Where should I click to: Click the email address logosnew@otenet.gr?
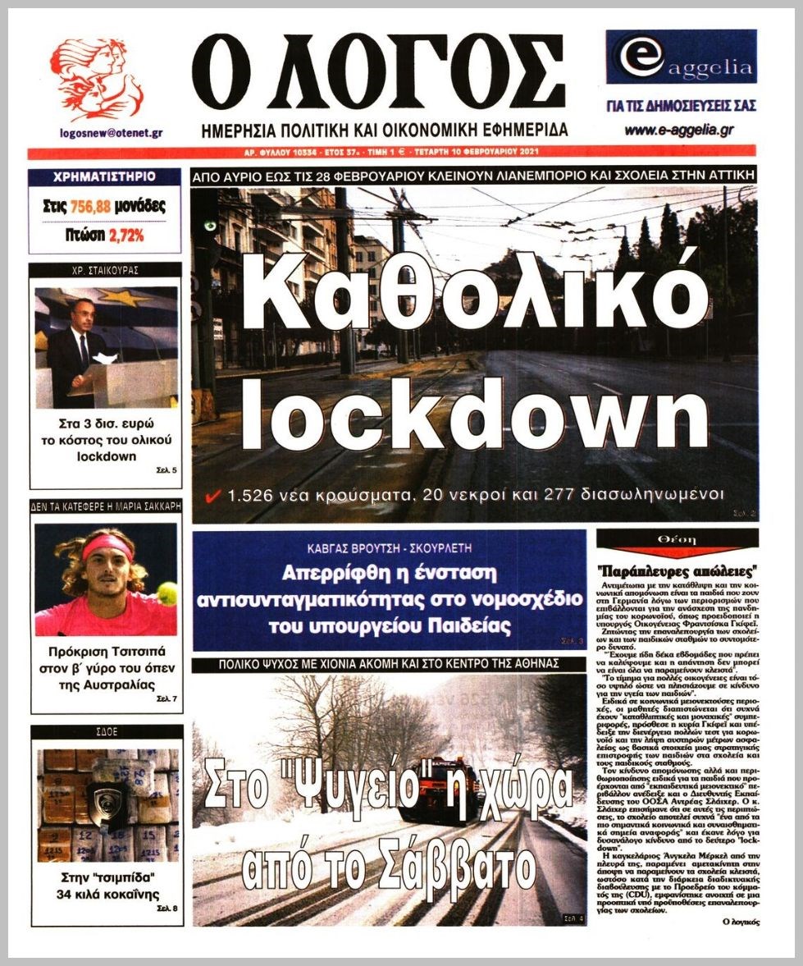point(111,132)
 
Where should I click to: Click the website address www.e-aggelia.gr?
point(678,130)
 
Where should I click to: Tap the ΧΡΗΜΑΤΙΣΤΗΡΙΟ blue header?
point(104,176)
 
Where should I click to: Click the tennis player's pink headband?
point(107,545)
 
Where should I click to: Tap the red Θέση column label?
point(677,539)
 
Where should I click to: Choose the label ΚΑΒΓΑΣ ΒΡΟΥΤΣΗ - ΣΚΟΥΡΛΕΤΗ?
point(389,547)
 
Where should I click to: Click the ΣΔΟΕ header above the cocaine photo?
point(105,732)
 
